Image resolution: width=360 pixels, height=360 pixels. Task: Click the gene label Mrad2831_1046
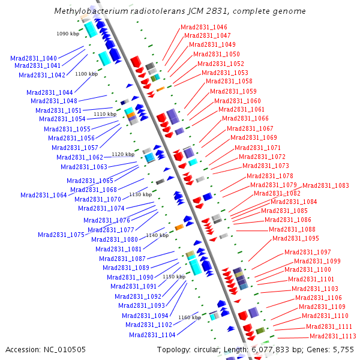click(204, 27)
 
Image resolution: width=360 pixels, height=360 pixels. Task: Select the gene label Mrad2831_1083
click(325, 185)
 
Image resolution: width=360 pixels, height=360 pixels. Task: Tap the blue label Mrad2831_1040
click(34, 58)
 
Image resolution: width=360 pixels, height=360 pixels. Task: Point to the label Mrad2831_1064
click(43, 195)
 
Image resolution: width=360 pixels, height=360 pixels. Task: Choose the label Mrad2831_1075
click(61, 235)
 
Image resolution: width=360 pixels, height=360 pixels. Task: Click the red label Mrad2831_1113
click(333, 336)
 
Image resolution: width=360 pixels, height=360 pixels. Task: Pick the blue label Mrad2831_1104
click(152, 335)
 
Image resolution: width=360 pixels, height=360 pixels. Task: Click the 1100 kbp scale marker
click(86, 74)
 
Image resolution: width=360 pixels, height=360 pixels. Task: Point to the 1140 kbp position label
click(157, 235)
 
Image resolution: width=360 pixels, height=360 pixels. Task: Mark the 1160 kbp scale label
click(189, 317)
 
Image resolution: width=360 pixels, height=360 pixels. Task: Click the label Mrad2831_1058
click(229, 81)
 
